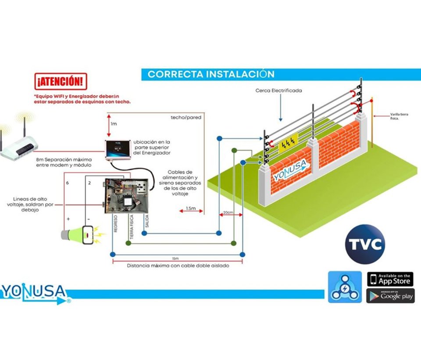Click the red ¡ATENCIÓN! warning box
click(x=60, y=81)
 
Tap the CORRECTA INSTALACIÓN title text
click(x=210, y=74)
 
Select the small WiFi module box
click(x=118, y=149)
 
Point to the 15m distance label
click(x=175, y=258)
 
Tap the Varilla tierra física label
click(x=400, y=115)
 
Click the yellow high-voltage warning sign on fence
click(x=289, y=141)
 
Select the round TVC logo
click(x=365, y=244)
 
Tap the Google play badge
click(x=390, y=295)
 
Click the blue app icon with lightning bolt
click(x=345, y=287)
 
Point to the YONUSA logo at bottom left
click(x=34, y=292)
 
